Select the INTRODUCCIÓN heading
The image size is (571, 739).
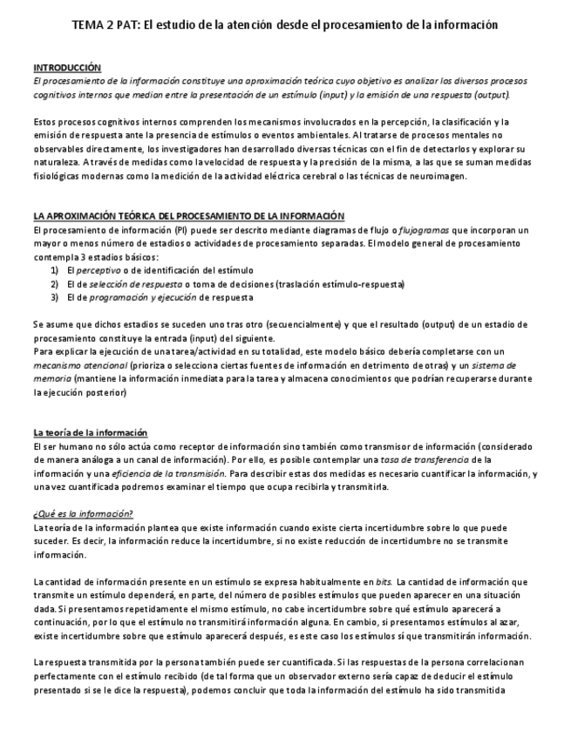point(67,67)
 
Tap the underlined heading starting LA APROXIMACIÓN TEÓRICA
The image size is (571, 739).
point(188,215)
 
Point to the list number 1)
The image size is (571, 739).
point(54,270)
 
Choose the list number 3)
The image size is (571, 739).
point(54,297)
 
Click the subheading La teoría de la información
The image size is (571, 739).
point(91,432)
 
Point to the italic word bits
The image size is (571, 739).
point(383,581)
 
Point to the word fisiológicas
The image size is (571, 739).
point(60,175)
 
